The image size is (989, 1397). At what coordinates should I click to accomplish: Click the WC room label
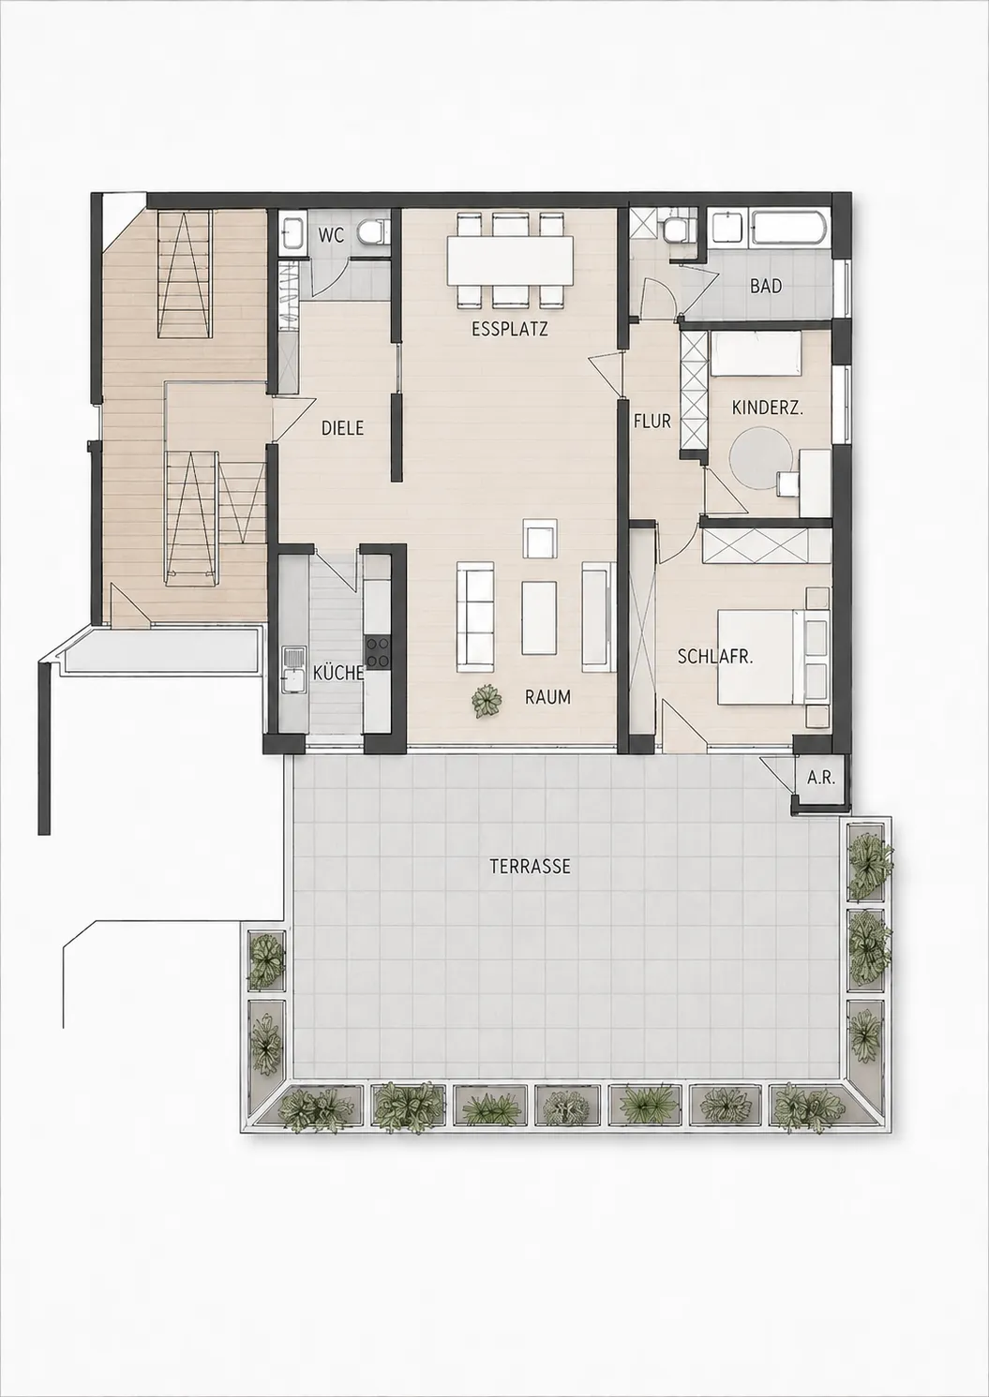pos(331,236)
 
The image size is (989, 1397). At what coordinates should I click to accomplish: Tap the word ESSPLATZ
pos(510,329)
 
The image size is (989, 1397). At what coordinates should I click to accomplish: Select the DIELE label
pos(342,428)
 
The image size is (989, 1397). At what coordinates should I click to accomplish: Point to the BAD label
pos(766,287)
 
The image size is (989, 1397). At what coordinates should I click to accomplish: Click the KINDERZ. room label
pos(768,409)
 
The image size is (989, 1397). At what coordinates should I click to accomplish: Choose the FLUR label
pos(652,422)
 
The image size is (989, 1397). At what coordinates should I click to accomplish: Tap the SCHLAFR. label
pos(715,656)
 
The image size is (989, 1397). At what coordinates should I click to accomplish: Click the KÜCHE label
pos(338,673)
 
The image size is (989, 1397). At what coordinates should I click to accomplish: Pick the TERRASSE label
pos(530,867)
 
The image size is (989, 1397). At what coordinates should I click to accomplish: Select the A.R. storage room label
pos(820,778)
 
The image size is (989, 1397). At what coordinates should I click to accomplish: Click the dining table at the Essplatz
pos(510,260)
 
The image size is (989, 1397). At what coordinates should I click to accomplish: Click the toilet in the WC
pos(372,231)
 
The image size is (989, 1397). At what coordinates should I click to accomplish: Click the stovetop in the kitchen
pos(377,652)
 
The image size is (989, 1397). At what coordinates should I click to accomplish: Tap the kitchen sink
pos(292,670)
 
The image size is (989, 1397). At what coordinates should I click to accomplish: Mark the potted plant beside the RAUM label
pos(487,702)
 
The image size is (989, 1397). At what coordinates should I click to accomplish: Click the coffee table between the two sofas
pos(538,617)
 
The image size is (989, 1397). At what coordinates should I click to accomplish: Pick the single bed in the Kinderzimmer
pos(757,353)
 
